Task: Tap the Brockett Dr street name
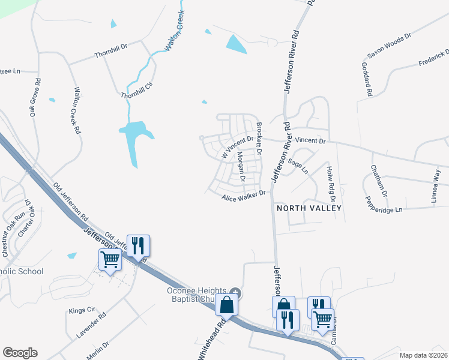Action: pos(259,139)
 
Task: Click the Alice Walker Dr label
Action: pos(243,196)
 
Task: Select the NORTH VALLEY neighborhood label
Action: pos(309,208)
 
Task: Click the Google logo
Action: pos(20,353)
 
